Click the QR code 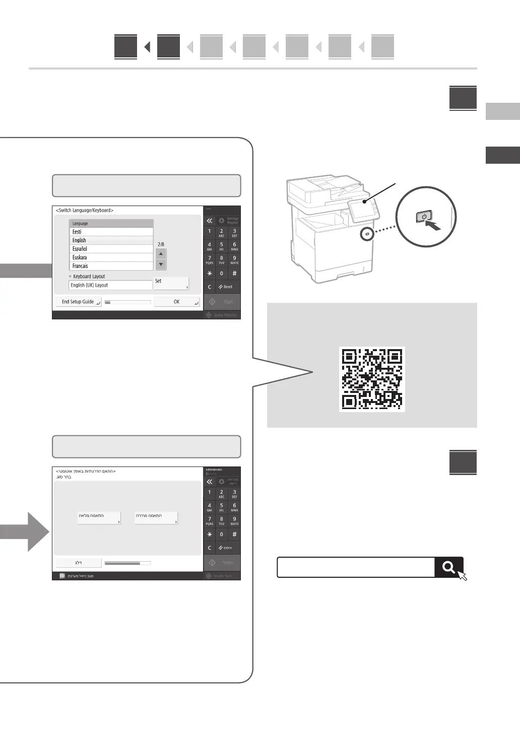(x=372, y=379)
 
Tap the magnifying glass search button (x=448, y=567)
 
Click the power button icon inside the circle (x=424, y=217)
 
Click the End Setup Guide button (x=78, y=302)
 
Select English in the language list (x=111, y=240)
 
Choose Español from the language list (x=111, y=249)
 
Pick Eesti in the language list (x=111, y=232)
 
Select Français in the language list (x=111, y=266)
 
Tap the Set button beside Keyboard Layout (x=171, y=283)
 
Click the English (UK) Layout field (x=110, y=285)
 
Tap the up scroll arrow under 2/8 (x=161, y=254)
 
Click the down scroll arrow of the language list (x=161, y=264)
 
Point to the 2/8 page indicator (x=161, y=244)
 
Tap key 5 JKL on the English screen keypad (x=221, y=246)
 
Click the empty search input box (x=355, y=567)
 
